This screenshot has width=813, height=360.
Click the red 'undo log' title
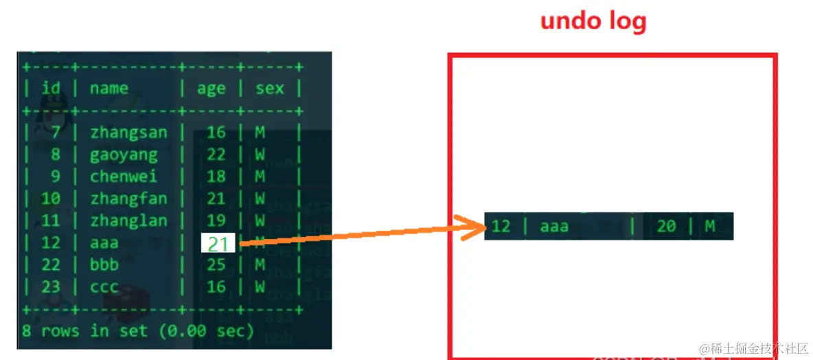tap(594, 22)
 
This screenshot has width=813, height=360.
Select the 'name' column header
tap(109, 88)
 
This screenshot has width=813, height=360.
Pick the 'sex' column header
tap(270, 88)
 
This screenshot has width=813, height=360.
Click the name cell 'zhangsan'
tap(128, 133)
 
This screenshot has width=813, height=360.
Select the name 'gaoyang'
tap(124, 155)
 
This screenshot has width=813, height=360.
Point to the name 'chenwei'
tap(124, 177)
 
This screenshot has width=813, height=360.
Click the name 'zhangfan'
tap(128, 198)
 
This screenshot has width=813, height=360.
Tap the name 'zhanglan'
tap(128, 221)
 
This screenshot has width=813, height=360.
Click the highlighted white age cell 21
tap(218, 243)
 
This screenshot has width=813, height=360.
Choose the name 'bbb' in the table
tap(104, 265)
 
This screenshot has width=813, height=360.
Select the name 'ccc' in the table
tap(104, 287)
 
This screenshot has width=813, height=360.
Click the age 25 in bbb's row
tap(216, 265)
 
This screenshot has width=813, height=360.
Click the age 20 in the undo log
tap(666, 226)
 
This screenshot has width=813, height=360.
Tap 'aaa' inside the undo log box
tap(554, 227)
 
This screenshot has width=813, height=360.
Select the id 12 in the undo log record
tap(501, 226)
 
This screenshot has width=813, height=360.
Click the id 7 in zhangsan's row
tap(56, 133)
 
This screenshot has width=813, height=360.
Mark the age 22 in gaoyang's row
tap(216, 155)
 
